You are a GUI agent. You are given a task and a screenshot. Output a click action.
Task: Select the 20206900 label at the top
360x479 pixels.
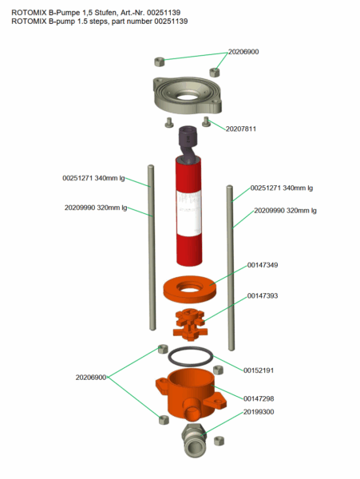click(x=243, y=52)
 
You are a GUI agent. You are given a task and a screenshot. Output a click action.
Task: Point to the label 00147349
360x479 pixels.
click(x=262, y=264)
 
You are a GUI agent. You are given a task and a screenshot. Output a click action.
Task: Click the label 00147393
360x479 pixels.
click(x=262, y=295)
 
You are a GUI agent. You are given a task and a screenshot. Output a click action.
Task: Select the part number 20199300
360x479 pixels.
click(x=259, y=412)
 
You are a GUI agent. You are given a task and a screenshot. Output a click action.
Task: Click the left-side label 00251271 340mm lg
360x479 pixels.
click(x=95, y=178)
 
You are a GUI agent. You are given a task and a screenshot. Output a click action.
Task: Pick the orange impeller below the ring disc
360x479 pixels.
click(x=191, y=321)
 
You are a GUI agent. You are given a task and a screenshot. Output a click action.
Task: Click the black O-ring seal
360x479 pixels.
click(x=192, y=356)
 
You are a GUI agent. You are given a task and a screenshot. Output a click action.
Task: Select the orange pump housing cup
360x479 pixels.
click(x=190, y=391)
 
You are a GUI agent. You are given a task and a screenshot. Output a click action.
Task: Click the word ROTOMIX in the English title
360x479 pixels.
click(x=30, y=22)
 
